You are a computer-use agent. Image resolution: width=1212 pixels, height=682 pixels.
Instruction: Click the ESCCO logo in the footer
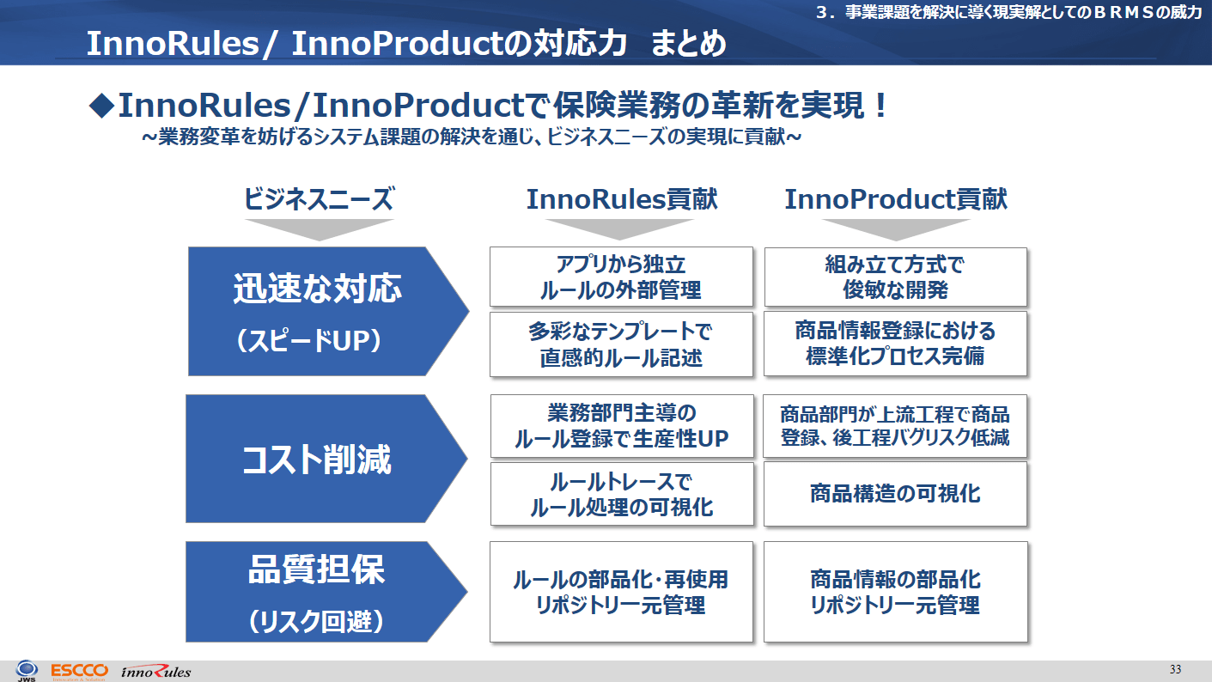(x=80, y=671)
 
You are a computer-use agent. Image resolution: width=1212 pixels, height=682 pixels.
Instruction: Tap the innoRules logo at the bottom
(x=155, y=672)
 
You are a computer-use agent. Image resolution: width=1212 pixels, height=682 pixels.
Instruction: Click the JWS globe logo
(x=27, y=670)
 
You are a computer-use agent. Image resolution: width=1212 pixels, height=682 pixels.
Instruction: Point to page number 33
(x=1175, y=669)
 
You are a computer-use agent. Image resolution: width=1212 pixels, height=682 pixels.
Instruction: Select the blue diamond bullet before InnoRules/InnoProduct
(x=101, y=105)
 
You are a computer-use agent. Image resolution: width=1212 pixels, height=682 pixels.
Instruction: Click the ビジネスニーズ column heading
(x=319, y=198)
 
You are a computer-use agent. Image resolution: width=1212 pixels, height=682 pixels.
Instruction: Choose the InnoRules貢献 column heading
(x=622, y=198)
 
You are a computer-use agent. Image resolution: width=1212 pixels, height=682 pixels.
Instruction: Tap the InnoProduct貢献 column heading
(x=896, y=198)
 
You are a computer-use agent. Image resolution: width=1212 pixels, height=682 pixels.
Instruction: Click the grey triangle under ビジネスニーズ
(x=320, y=229)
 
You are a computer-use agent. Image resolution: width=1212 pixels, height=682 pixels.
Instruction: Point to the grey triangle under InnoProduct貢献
(x=896, y=229)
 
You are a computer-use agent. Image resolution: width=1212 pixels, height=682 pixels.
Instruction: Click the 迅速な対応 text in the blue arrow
(x=318, y=288)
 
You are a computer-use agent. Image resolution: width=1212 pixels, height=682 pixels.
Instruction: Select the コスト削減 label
(x=316, y=460)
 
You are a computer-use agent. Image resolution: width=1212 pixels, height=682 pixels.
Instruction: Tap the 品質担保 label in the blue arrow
(x=316, y=569)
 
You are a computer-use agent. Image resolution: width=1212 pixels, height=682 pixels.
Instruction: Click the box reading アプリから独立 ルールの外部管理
(x=621, y=277)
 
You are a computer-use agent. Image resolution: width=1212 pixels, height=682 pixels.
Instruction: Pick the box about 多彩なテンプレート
(x=621, y=344)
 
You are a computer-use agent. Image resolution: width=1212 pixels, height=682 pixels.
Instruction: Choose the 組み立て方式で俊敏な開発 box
(x=896, y=277)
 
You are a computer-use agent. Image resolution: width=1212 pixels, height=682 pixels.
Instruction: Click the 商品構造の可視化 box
(x=896, y=494)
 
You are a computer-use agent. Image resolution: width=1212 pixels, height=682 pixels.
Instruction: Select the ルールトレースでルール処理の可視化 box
(x=622, y=494)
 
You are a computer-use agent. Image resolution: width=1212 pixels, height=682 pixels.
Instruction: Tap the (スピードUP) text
(x=309, y=341)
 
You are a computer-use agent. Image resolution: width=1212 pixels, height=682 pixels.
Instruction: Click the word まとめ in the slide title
(x=688, y=43)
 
